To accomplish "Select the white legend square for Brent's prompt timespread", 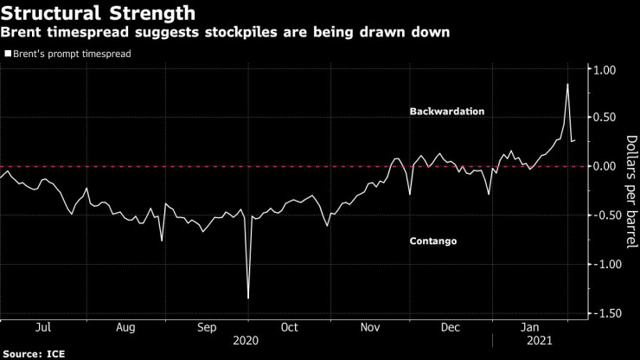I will [8, 54].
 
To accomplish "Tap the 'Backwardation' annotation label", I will [447, 112].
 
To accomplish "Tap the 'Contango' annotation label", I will [432, 241].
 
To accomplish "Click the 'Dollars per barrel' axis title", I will [630, 190].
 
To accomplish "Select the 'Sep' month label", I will [208, 328].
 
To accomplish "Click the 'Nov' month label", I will [370, 328].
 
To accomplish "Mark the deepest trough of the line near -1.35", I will [248, 298].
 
